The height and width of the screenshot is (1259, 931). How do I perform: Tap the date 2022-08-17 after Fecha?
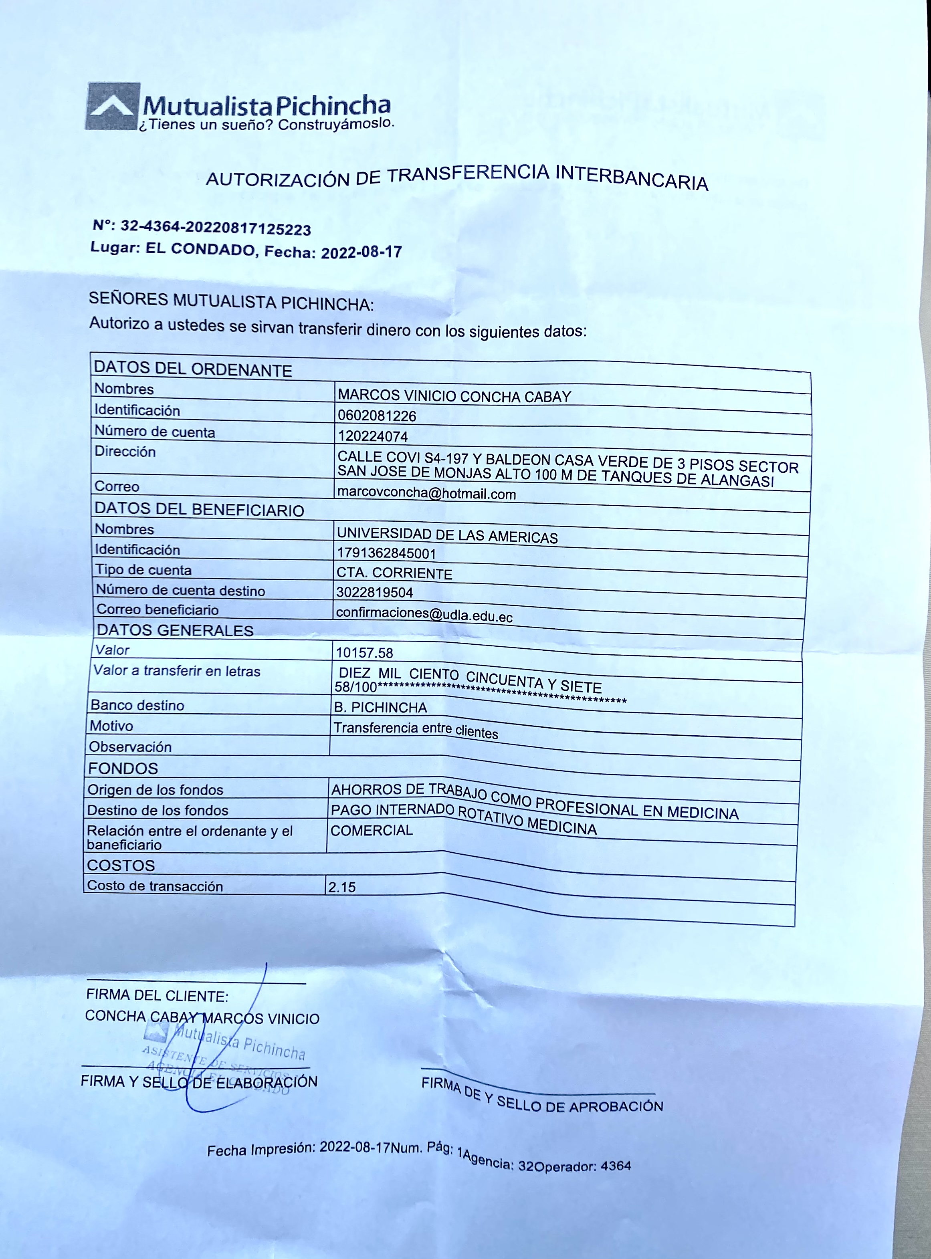pyautogui.click(x=361, y=252)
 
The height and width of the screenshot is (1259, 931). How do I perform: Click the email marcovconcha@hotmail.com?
pyautogui.click(x=426, y=493)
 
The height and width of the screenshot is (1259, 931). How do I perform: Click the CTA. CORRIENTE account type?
pyautogui.click(x=394, y=573)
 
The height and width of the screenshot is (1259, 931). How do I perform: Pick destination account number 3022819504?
pyautogui.click(x=374, y=592)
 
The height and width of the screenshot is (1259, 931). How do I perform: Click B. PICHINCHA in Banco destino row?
pyautogui.click(x=380, y=707)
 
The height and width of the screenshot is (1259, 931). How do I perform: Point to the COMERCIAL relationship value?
pyautogui.click(x=372, y=830)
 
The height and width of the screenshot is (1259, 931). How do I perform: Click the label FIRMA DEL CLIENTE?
pyautogui.click(x=157, y=995)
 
